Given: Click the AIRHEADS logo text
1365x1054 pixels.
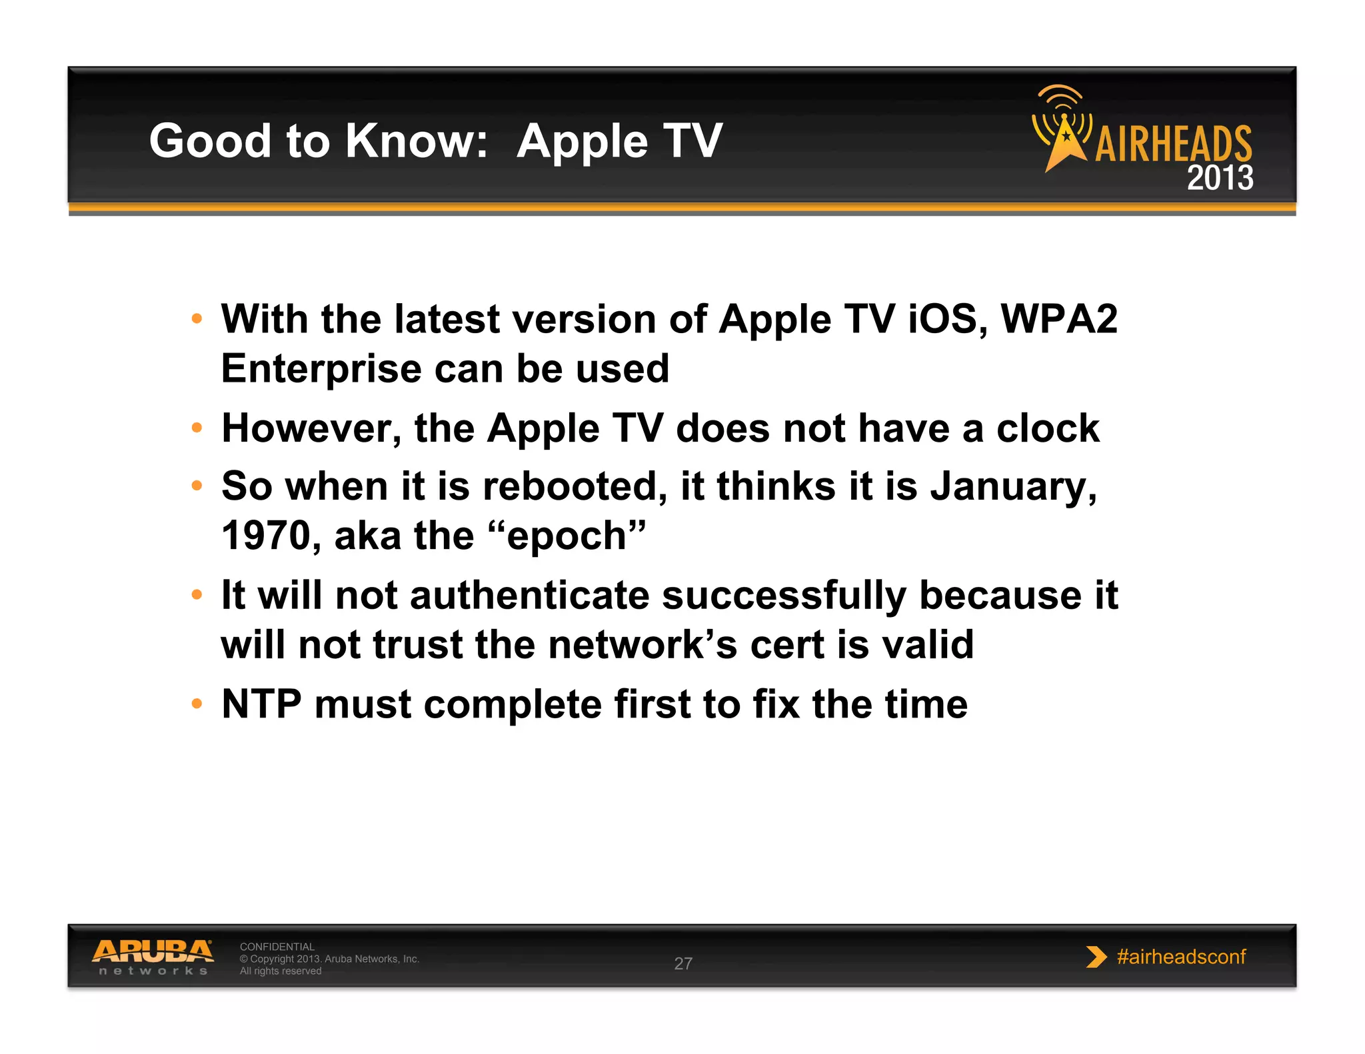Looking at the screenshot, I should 1173,143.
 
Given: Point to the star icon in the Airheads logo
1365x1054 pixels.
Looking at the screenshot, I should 1066,137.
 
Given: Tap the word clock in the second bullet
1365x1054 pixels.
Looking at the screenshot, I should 1047,428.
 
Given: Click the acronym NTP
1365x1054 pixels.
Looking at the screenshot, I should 261,704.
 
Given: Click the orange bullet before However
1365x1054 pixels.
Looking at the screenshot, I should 197,428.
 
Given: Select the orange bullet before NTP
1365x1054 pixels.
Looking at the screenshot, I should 197,704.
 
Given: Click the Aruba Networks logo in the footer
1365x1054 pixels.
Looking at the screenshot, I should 153,957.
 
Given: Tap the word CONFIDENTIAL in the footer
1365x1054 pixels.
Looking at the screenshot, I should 277,946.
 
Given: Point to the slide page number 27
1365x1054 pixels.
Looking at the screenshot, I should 683,963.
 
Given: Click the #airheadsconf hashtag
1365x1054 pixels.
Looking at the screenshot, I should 1180,957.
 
